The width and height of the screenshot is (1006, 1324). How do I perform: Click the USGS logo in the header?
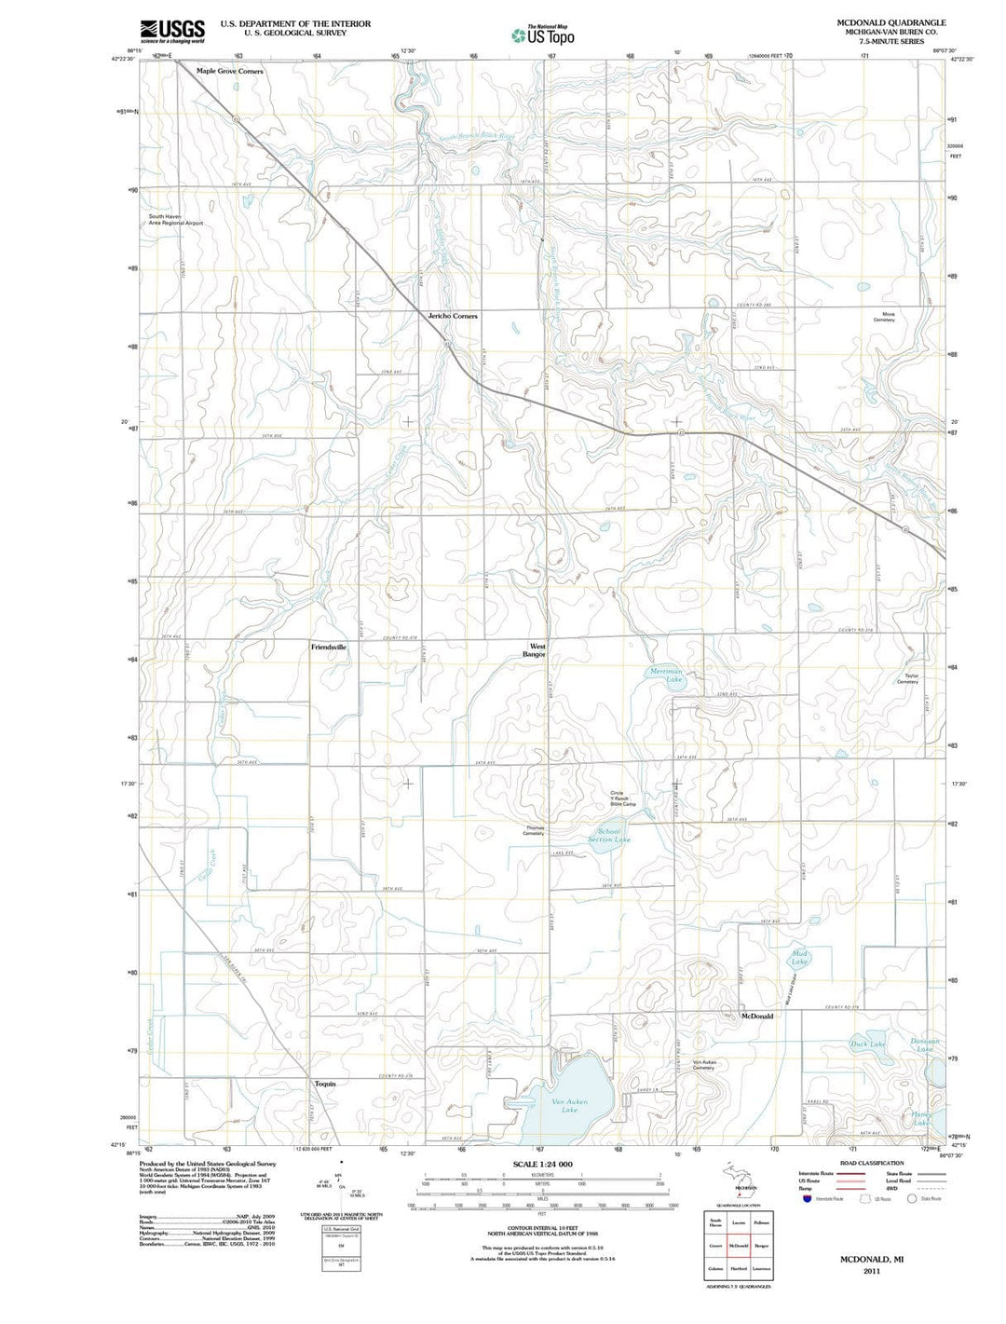pyautogui.click(x=172, y=32)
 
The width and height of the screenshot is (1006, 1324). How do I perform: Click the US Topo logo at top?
pyautogui.click(x=543, y=35)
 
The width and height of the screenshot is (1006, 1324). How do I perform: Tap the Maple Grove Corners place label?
pyautogui.click(x=229, y=71)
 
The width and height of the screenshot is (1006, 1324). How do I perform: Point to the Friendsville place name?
pyautogui.click(x=328, y=646)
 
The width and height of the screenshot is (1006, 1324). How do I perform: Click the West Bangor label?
pyautogui.click(x=537, y=650)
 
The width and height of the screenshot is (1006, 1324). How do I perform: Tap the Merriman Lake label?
pyautogui.click(x=666, y=676)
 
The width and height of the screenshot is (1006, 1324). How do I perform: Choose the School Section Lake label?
pyautogui.click(x=609, y=835)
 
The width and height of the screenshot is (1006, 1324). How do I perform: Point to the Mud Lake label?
pyautogui.click(x=799, y=957)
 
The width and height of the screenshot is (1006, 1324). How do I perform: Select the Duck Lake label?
pyautogui.click(x=867, y=1044)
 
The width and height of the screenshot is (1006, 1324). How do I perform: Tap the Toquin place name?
pyautogui.click(x=324, y=1084)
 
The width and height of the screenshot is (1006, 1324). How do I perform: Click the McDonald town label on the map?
pyautogui.click(x=756, y=1016)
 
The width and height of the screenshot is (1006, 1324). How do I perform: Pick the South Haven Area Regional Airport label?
pyautogui.click(x=175, y=220)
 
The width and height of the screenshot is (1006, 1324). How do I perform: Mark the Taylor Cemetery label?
pyautogui.click(x=906, y=678)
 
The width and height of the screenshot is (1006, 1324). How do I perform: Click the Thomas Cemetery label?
pyautogui.click(x=534, y=830)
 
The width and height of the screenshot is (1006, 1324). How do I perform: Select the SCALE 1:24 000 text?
pyautogui.click(x=542, y=1165)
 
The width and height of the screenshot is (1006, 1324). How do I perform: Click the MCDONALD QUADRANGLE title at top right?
pyautogui.click(x=891, y=22)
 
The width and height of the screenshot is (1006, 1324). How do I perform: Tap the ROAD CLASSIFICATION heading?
pyautogui.click(x=872, y=1163)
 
